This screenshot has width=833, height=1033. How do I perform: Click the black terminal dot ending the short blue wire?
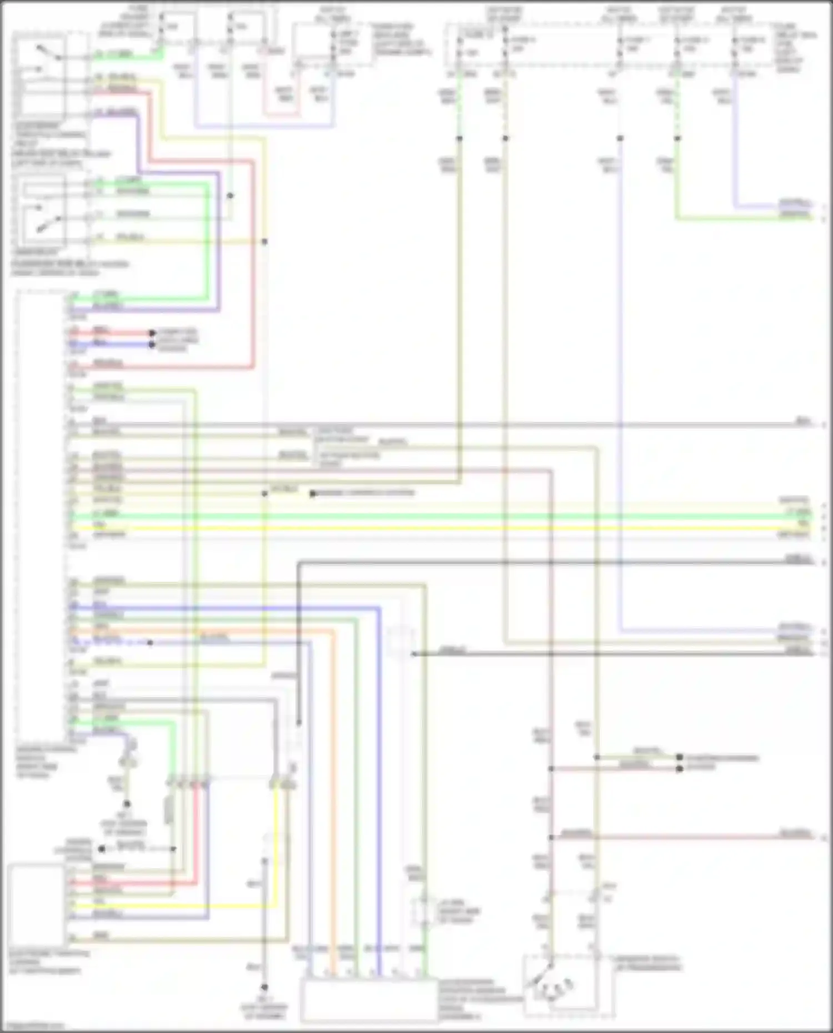(152, 345)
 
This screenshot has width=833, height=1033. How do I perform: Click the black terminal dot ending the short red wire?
(152, 334)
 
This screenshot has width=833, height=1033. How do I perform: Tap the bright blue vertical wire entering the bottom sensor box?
(379, 888)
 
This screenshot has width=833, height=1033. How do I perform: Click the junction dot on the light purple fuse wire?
(620, 138)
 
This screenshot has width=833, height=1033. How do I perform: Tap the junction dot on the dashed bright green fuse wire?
(677, 138)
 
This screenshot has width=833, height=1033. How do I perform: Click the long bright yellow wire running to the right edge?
(444, 527)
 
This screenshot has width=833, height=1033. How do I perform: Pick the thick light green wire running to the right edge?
(444, 516)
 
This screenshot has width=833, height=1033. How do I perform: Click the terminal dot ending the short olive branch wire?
(679, 757)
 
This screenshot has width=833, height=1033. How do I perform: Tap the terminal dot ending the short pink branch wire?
(679, 769)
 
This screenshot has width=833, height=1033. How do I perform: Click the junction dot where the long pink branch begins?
(551, 838)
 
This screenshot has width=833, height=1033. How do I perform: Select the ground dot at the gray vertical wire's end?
(264, 987)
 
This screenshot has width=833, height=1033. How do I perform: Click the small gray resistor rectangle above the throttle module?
(169, 811)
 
